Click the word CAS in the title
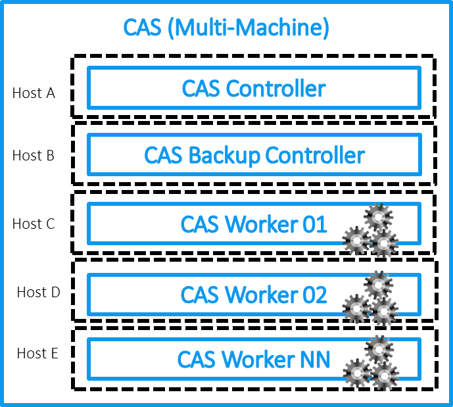141,28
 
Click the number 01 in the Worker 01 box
314,225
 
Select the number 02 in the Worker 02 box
314,295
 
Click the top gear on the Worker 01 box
378,217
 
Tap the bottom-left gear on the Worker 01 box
357,241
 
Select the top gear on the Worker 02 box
378,285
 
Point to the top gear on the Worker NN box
378,349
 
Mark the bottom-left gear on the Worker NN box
357,374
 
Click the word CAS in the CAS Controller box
201,89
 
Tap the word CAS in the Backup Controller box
163,156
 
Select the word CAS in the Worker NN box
196,360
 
